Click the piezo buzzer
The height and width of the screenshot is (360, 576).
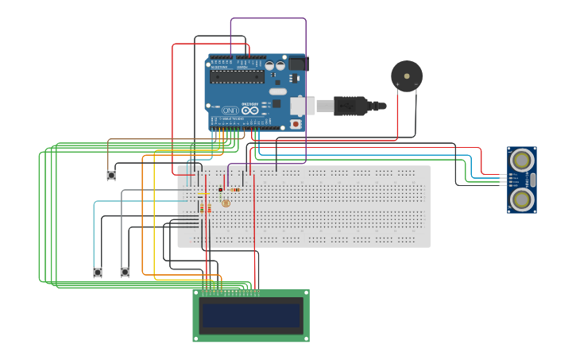click(407, 76)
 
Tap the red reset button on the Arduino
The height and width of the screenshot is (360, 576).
click(296, 124)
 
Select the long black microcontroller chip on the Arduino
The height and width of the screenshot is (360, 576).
click(238, 76)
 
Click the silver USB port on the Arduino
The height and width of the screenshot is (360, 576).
click(302, 105)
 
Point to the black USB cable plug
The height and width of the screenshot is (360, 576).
click(350, 105)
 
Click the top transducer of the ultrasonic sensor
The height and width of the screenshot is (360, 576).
click(521, 161)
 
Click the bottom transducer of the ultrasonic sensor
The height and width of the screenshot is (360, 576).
click(521, 199)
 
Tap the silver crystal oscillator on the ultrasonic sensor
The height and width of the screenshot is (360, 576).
click(532, 180)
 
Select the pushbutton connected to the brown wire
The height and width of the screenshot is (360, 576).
click(111, 175)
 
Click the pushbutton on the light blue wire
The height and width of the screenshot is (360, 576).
click(98, 273)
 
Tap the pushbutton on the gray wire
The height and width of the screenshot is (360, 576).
click(125, 273)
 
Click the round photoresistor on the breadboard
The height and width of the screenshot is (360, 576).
click(226, 203)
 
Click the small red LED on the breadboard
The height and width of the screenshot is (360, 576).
click(221, 190)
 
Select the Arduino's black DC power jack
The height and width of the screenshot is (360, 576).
click(298, 64)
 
